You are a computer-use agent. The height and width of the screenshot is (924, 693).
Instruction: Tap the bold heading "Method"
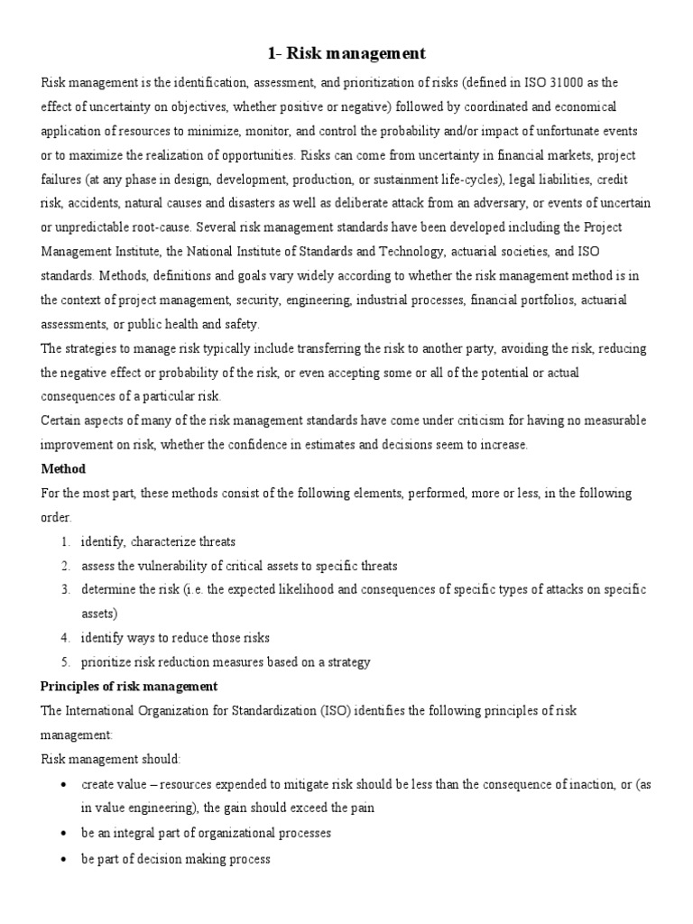[63, 469]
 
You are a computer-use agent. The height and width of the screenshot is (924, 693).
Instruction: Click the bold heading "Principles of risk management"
[129, 687]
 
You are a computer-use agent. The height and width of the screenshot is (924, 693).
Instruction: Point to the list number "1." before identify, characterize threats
[66, 541]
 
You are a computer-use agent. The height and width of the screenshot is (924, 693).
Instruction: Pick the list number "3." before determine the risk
[66, 589]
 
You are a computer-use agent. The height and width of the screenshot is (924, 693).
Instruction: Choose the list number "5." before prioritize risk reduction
[66, 661]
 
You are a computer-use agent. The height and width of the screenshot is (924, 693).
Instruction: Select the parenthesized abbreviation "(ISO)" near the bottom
[332, 711]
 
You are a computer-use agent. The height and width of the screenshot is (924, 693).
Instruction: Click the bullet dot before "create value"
[62, 785]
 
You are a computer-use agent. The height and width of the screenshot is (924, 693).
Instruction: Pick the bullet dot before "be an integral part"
[62, 834]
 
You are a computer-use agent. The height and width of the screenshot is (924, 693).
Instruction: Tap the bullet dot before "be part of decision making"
[62, 860]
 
